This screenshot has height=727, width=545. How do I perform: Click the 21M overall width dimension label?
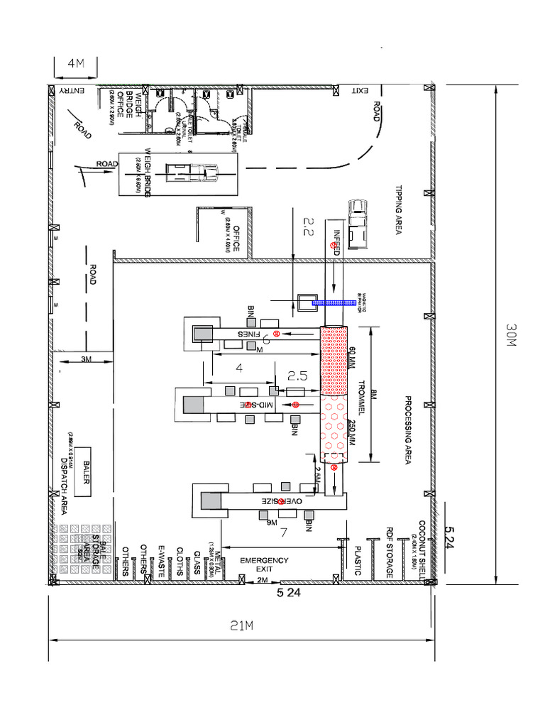click(x=241, y=625)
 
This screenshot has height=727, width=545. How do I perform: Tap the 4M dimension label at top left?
click(x=75, y=64)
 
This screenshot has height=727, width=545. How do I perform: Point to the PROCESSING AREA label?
click(x=408, y=430)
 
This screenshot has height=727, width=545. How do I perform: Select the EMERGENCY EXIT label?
click(x=264, y=564)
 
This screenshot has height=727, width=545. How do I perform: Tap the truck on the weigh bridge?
click(x=192, y=171)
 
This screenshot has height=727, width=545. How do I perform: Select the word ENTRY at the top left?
click(x=72, y=90)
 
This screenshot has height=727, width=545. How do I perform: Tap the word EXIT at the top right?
click(x=360, y=90)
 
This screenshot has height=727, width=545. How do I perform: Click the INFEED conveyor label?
click(x=337, y=241)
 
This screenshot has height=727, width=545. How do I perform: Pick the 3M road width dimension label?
click(x=87, y=360)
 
